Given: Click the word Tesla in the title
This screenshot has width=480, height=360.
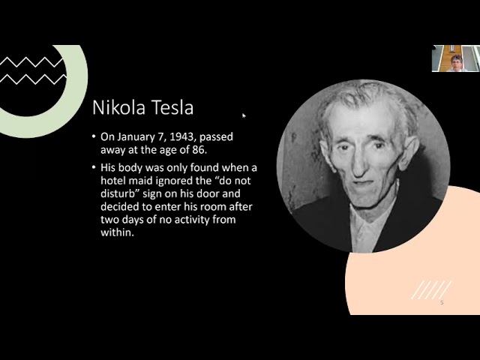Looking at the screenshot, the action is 172,107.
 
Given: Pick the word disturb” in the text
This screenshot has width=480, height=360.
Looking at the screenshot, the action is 120,193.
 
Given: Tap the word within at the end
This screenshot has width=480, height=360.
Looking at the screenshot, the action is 118,232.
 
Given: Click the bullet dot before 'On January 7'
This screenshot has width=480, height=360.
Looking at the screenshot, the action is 94,136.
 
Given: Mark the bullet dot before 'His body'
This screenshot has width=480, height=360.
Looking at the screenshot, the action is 94,167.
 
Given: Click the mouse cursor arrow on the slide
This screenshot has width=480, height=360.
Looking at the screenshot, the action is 244,115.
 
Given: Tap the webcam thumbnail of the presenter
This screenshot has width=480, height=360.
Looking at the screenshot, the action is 456,58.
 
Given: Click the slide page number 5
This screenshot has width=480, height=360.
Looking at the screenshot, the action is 442,303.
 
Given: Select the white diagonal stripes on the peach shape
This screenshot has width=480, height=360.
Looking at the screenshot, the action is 431,290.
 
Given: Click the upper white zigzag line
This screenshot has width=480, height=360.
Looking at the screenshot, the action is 32,61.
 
